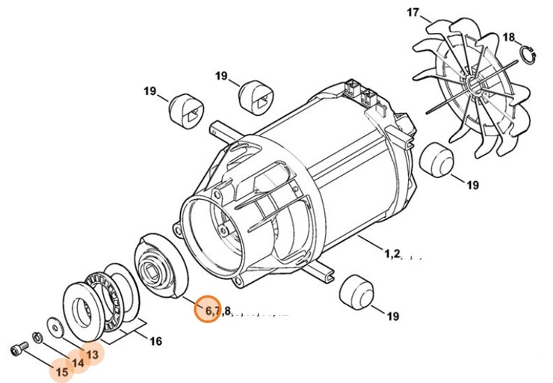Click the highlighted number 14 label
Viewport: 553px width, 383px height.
click(78, 363)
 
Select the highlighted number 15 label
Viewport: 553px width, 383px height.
click(61, 371)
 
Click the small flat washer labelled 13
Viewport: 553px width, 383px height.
click(55, 326)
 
